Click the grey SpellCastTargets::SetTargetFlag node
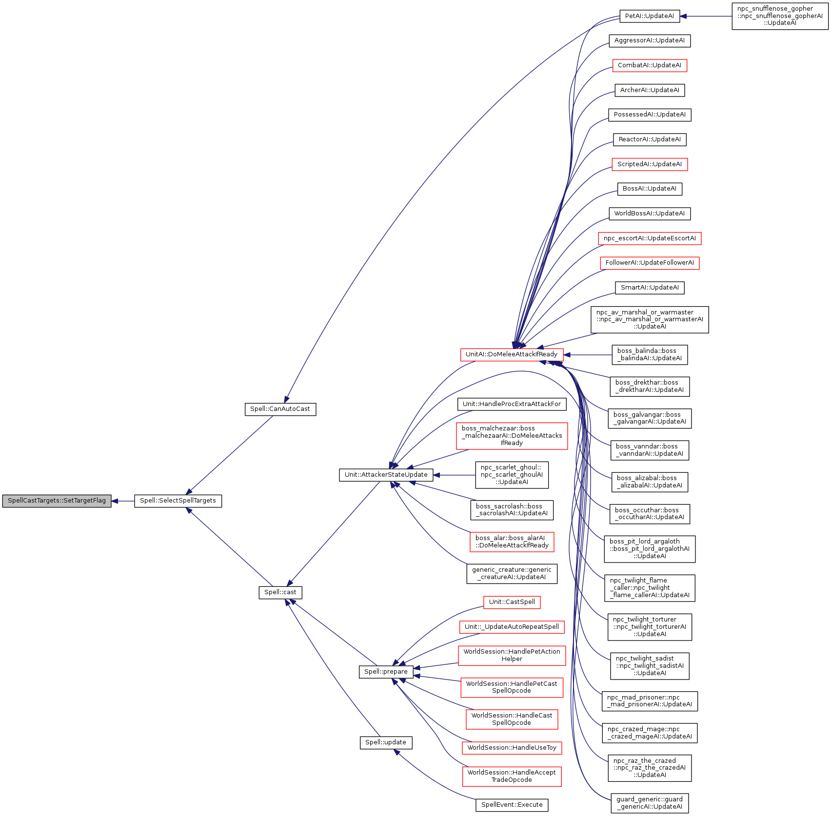(57, 501)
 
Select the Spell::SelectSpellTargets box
(178, 501)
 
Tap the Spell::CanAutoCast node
(280, 409)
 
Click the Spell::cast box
(280, 592)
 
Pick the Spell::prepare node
(386, 672)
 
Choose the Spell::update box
(386, 742)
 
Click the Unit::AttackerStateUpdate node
(386, 475)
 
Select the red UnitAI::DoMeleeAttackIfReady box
(512, 354)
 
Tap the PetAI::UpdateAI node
(650, 16)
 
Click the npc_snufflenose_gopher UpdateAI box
(780, 16)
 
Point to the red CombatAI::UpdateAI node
(650, 65)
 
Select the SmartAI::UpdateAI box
(650, 288)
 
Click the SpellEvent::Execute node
(512, 805)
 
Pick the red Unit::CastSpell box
(512, 602)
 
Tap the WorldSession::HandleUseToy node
(512, 748)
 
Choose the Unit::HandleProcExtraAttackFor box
(512, 404)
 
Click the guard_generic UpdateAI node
(650, 803)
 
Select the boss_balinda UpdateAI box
(650, 355)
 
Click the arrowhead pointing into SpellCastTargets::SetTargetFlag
(116, 501)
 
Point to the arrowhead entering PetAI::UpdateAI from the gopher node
(684, 16)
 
